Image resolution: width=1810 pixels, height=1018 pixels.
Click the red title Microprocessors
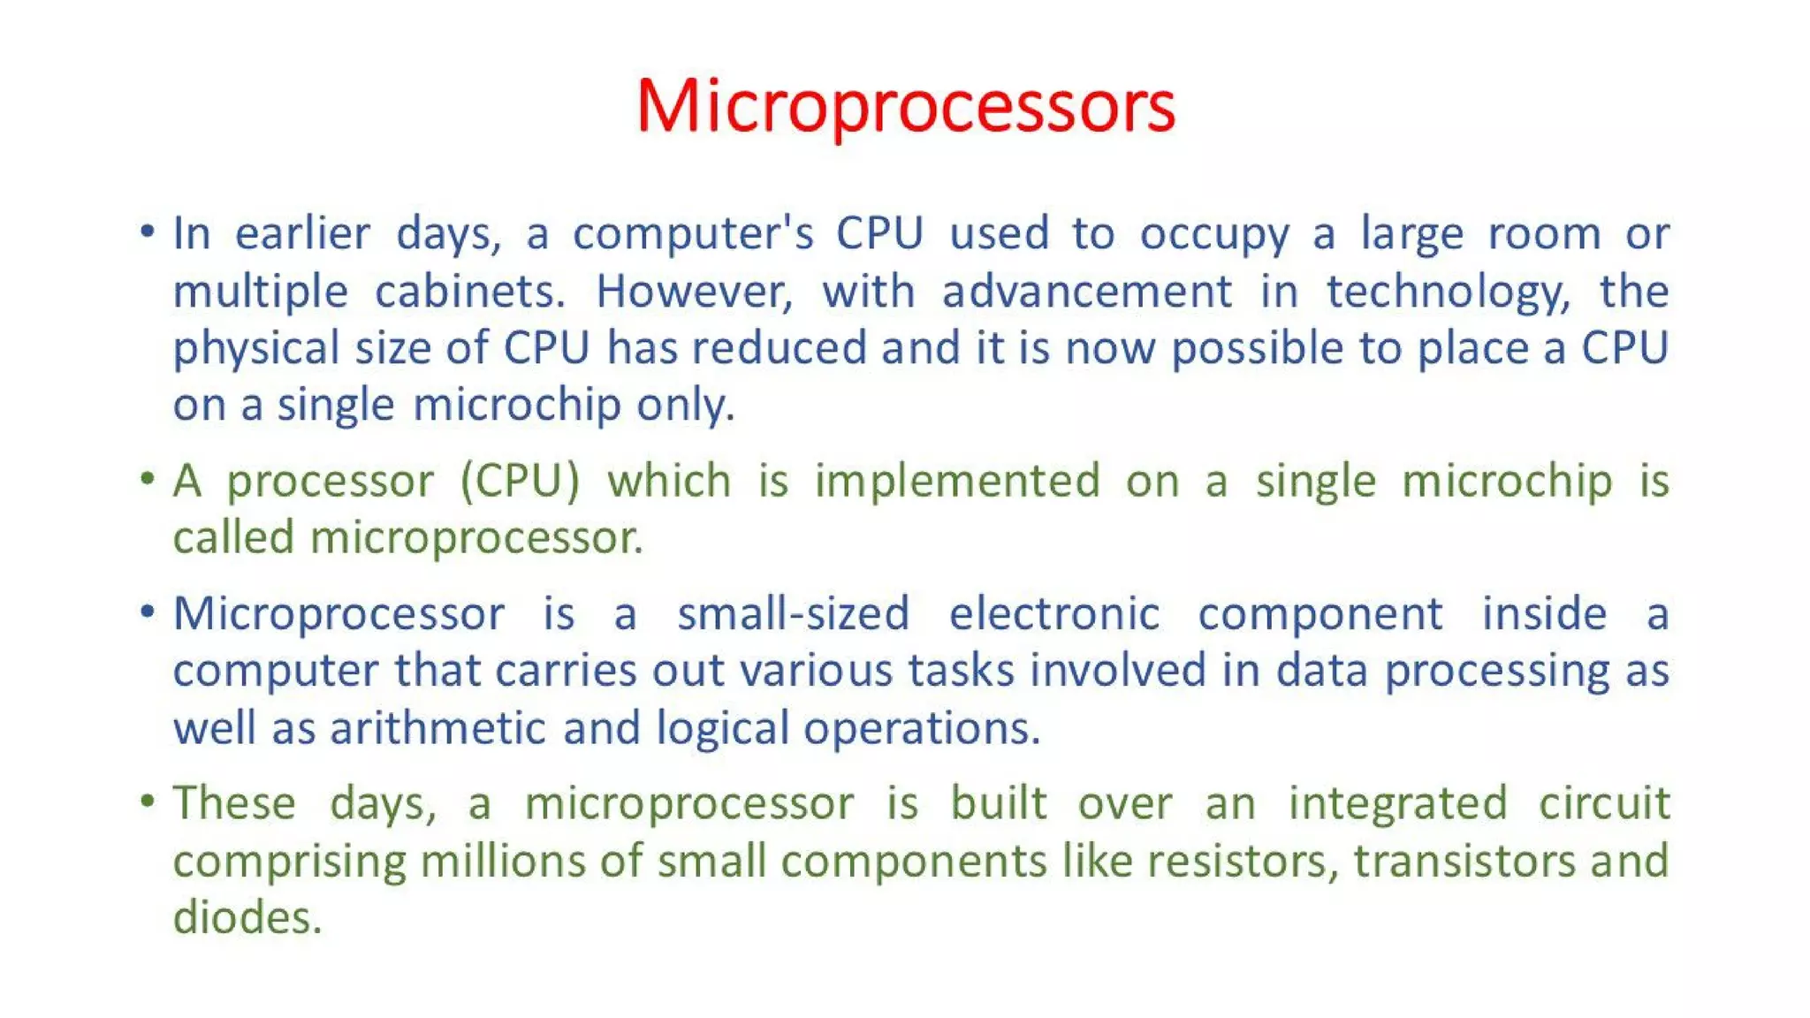click(x=905, y=106)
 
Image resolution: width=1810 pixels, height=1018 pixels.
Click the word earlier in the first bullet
click(x=302, y=234)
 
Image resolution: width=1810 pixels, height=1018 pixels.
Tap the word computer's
click(x=693, y=234)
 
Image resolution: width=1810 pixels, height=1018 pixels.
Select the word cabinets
click(x=469, y=292)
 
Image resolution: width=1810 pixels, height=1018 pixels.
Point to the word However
click(x=695, y=292)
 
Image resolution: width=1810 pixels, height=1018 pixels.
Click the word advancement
click(x=1086, y=292)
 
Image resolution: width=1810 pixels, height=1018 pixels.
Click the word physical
click(x=256, y=349)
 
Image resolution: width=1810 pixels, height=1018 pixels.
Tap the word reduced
click(x=779, y=347)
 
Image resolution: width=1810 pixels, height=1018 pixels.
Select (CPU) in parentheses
click(x=520, y=482)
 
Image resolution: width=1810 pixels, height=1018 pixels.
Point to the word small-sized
click(x=793, y=614)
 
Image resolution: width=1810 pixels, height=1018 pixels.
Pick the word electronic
click(x=1053, y=614)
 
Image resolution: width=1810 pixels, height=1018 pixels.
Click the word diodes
click(x=247, y=918)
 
